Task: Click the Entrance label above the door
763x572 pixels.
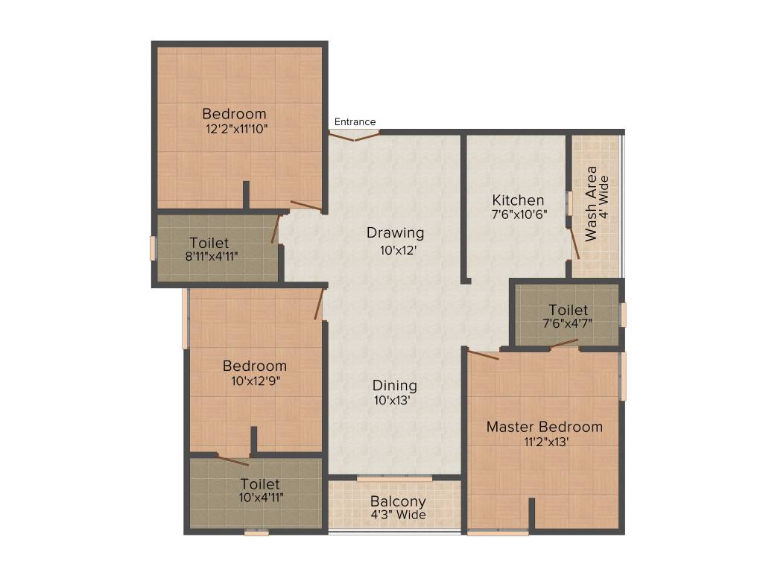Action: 355,122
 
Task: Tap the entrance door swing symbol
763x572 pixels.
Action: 355,136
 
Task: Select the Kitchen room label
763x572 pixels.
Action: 518,200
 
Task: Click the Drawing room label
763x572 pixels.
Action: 395,233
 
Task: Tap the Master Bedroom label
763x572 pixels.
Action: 544,427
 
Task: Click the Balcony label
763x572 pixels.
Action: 398,502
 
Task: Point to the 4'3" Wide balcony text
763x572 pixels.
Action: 398,515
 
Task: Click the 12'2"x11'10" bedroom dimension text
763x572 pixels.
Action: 236,128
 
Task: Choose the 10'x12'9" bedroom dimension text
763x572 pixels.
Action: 255,380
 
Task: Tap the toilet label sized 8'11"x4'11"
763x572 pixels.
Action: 209,243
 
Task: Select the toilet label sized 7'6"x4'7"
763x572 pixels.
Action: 568,310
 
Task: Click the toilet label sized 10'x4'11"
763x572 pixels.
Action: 260,485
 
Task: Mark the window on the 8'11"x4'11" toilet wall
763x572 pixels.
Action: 153,248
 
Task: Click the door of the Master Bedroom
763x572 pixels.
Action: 482,354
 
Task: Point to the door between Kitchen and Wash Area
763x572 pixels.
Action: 574,243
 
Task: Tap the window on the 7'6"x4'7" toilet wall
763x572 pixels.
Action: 624,314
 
